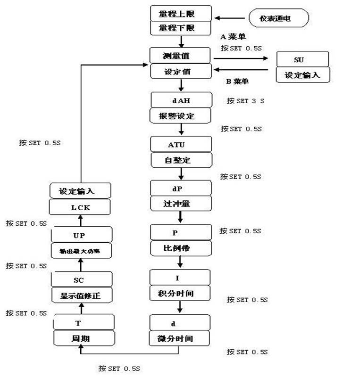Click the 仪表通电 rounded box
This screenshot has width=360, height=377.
click(x=278, y=19)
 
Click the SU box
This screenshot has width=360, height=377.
click(x=299, y=60)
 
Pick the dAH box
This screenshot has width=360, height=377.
click(x=180, y=100)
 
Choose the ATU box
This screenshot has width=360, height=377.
click(x=180, y=144)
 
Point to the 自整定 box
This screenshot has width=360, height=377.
click(x=180, y=160)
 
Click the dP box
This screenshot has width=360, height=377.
click(x=180, y=188)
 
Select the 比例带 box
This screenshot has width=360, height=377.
click(x=180, y=248)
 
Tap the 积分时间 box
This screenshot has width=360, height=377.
click(x=180, y=293)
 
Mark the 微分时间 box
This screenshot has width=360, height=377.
click(x=180, y=338)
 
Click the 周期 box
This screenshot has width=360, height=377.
click(x=84, y=338)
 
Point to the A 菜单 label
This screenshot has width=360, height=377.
click(x=233, y=36)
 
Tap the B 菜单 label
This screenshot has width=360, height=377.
click(x=238, y=82)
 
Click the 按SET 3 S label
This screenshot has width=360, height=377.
click(x=245, y=101)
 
